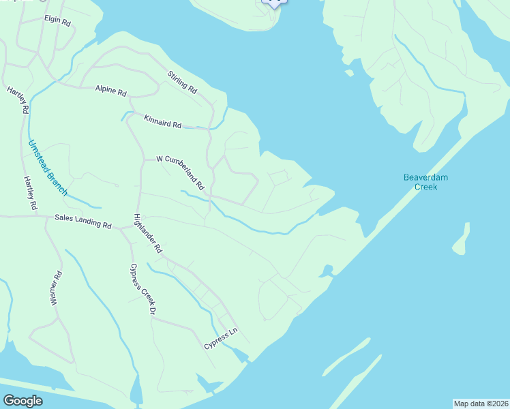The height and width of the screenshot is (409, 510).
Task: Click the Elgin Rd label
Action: click(57, 22)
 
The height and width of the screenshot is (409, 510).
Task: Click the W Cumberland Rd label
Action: click(180, 172)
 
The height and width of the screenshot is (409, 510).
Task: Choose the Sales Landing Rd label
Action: click(83, 222)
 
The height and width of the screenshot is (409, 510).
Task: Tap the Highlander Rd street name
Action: click(147, 234)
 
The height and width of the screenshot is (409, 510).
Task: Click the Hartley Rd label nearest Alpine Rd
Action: click(18, 100)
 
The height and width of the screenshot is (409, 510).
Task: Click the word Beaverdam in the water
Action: click(425, 177)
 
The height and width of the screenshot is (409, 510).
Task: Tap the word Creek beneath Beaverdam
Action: click(425, 186)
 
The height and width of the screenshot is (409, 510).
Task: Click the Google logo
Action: click(22, 401)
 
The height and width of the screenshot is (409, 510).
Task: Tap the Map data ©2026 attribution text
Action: click(481, 403)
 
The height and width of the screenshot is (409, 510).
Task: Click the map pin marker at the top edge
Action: click(273, 2)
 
